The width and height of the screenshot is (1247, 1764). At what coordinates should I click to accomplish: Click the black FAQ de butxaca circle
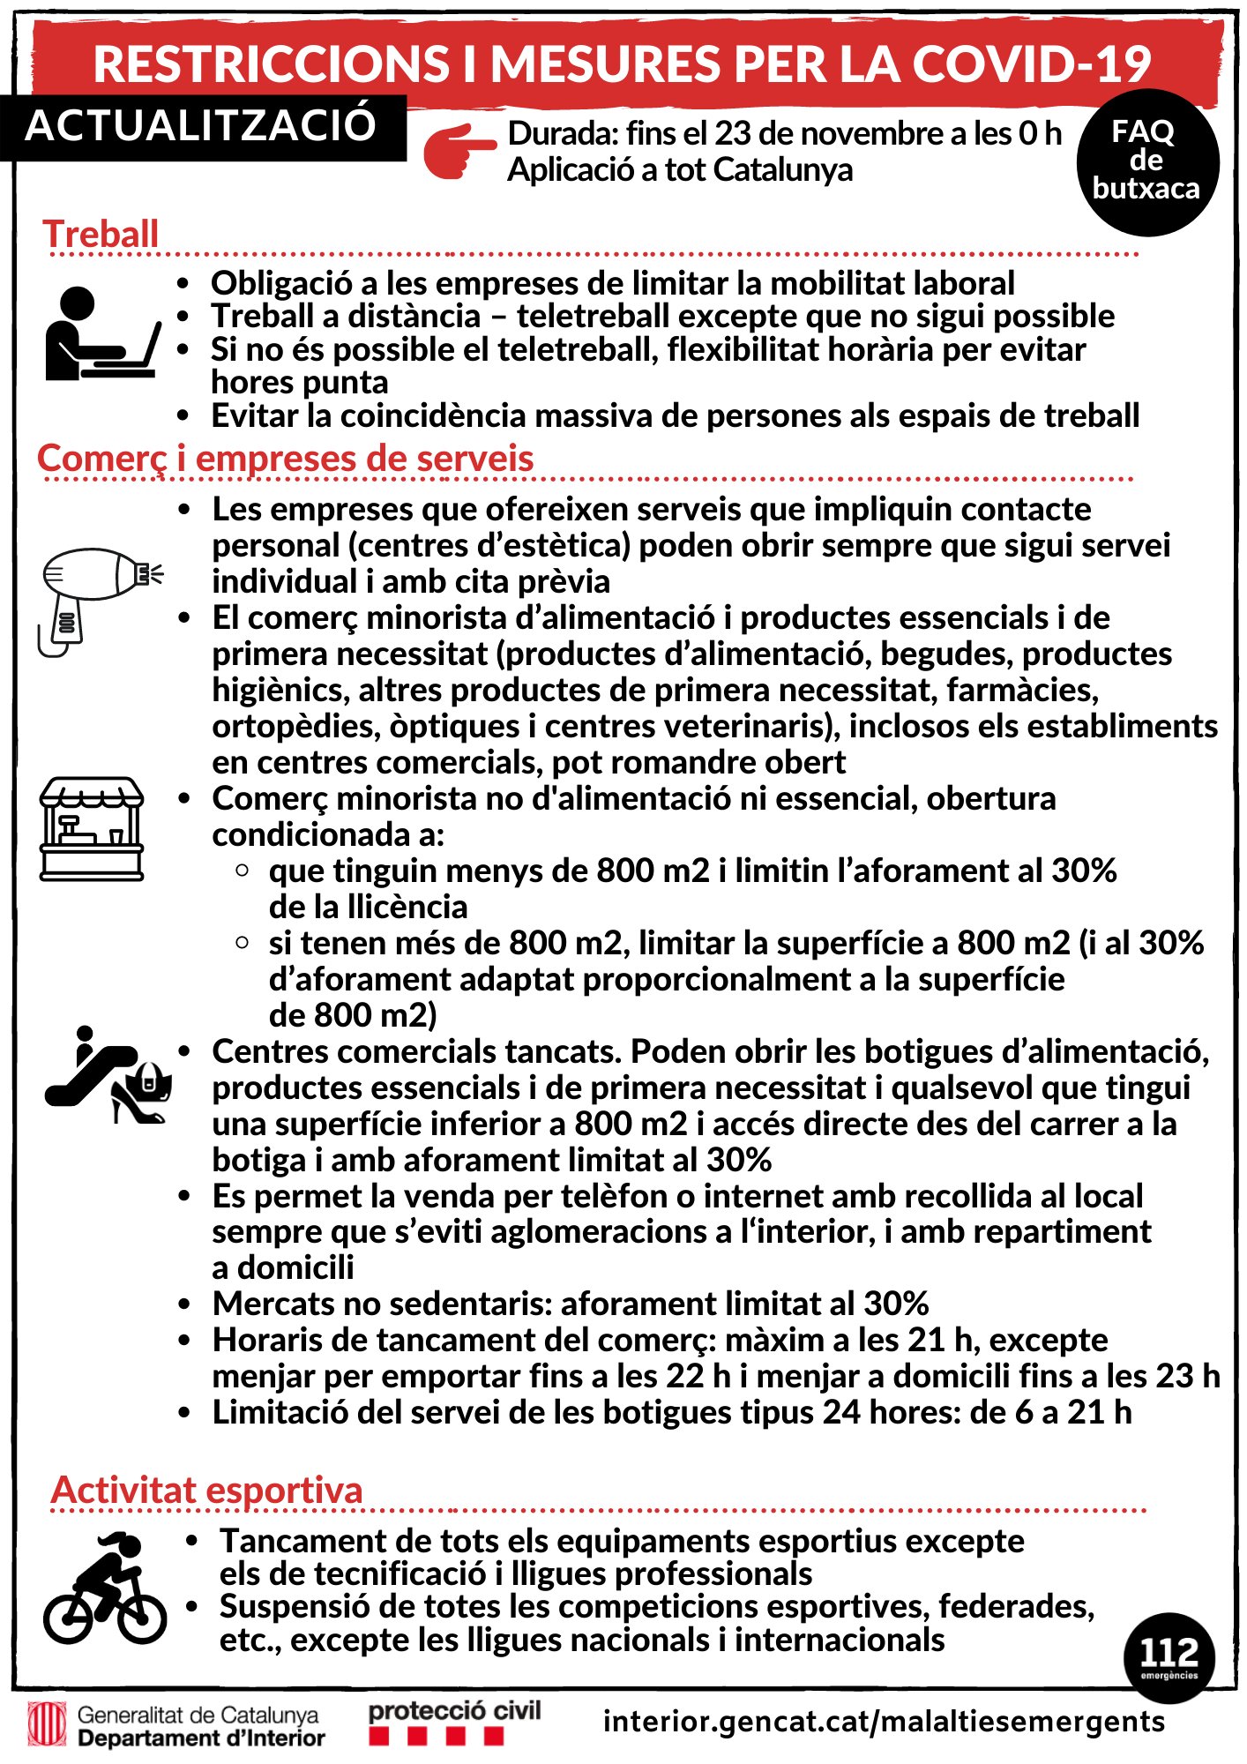click(x=1146, y=161)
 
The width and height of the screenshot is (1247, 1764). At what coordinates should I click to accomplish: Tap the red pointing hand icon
click(x=459, y=151)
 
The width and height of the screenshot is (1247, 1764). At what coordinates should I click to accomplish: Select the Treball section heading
click(x=101, y=235)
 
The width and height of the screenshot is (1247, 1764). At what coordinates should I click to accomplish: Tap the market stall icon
click(x=92, y=828)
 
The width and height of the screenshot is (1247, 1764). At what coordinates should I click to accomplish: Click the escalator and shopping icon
click(x=108, y=1076)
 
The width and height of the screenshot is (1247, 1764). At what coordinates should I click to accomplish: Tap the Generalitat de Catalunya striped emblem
click(x=47, y=1724)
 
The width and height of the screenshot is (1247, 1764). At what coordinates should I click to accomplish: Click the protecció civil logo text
click(x=454, y=1711)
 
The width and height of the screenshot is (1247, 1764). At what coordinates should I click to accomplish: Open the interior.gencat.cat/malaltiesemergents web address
click(x=884, y=1721)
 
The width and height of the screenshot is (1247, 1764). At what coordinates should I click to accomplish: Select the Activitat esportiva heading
click(x=207, y=1490)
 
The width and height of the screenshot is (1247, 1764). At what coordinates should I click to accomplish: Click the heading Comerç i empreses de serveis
click(x=286, y=459)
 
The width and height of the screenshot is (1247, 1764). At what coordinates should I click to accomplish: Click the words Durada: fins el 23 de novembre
click(x=728, y=134)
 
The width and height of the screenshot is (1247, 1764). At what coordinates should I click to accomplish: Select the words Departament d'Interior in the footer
click(x=201, y=1738)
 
